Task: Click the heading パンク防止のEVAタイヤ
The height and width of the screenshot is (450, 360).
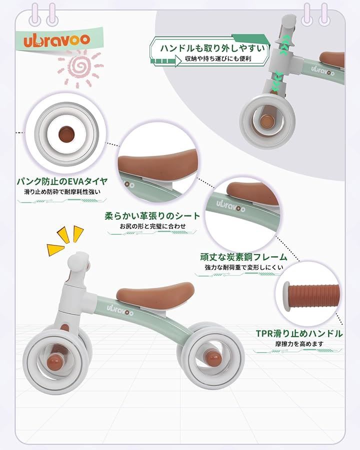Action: point(63,181)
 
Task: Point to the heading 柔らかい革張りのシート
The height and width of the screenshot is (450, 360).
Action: point(152,216)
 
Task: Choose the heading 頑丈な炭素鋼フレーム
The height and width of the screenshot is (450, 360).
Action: point(243,257)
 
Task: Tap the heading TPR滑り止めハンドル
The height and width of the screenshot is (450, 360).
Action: point(299,333)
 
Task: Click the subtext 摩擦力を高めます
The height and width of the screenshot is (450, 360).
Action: point(299,344)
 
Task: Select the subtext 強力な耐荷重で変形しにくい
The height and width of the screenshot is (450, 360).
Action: point(243,267)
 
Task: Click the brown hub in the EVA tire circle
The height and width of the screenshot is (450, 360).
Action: point(65,133)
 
